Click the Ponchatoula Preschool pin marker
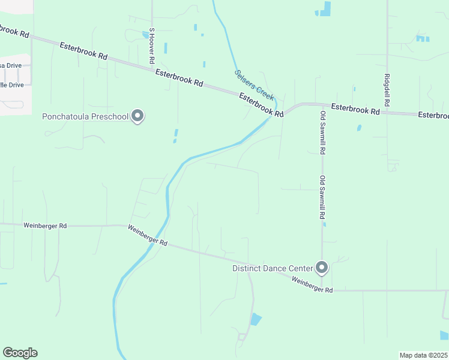pyautogui.click(x=137, y=116)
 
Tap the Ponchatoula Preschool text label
pyautogui.click(x=85, y=116)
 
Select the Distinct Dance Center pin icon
pyautogui.click(x=322, y=267)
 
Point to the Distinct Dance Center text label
pyautogui.click(x=273, y=268)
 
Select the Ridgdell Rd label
pyautogui.click(x=387, y=91)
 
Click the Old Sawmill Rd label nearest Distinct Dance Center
pyautogui.click(x=322, y=197)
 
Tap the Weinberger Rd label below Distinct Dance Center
pyautogui.click(x=312, y=285)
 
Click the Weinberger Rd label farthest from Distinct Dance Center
pyautogui.click(x=45, y=226)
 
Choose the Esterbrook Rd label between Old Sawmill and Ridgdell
pyautogui.click(x=355, y=109)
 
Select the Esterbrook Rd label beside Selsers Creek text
pyautogui.click(x=261, y=104)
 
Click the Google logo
pyautogui.click(x=20, y=353)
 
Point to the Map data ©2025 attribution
pyautogui.click(x=423, y=355)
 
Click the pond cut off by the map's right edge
pyautogui.click(x=444, y=335)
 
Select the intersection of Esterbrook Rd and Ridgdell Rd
pyautogui.click(x=388, y=112)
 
